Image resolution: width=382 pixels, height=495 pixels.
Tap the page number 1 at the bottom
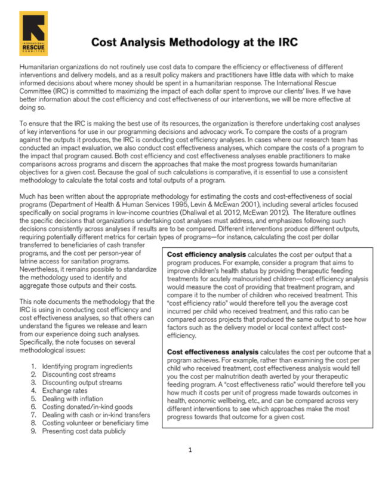coord(190,449)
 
